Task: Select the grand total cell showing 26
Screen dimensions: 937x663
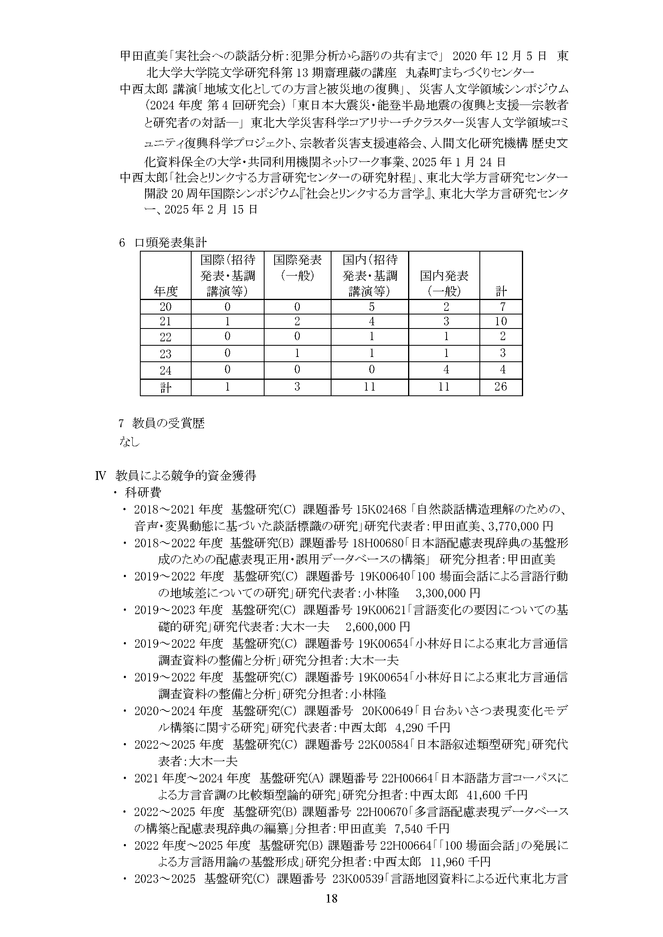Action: [501, 386]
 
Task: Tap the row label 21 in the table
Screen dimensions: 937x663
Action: [166, 322]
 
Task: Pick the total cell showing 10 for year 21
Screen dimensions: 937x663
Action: [501, 321]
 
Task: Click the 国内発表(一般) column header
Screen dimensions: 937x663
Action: [444, 283]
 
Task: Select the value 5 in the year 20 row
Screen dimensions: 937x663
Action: [371, 306]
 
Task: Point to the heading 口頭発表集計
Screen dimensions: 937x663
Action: [171, 243]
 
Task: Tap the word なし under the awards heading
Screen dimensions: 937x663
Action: [130, 441]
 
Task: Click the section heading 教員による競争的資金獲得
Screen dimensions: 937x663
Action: [186, 476]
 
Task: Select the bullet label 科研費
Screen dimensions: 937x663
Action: [143, 493]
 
